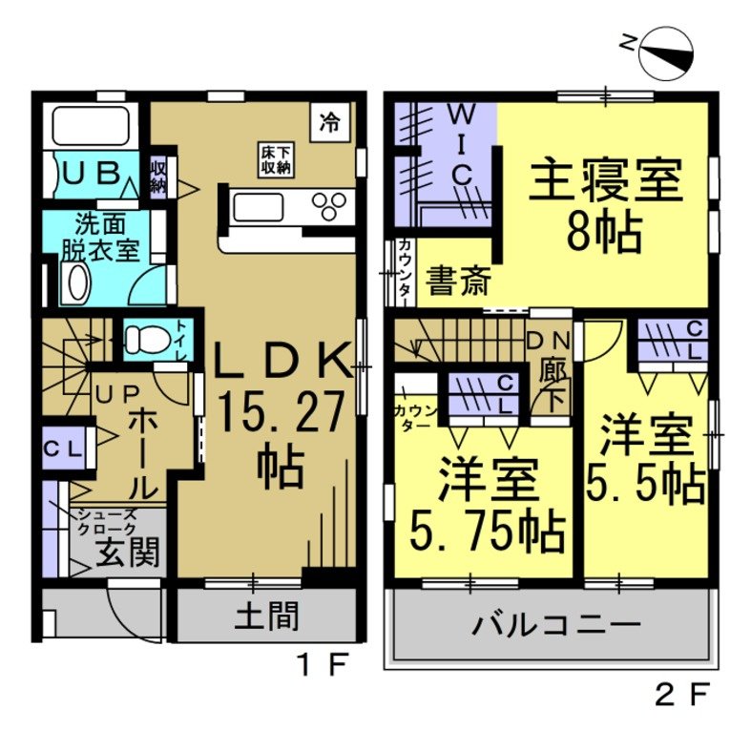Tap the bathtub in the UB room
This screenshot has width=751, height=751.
92,126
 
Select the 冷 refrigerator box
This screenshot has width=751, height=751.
329,121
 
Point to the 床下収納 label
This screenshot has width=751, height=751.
277,158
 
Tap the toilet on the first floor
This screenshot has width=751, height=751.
149,339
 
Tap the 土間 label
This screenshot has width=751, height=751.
266,617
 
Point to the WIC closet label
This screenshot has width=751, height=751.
460,143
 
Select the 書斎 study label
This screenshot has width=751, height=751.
457,282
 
